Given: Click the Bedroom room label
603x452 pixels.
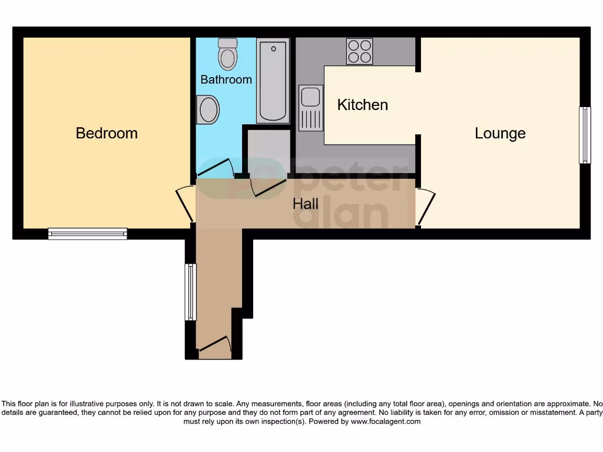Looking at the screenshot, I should [107, 133].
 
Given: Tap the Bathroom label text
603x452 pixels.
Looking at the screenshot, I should [226, 79].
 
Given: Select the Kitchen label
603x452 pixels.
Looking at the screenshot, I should [362, 105].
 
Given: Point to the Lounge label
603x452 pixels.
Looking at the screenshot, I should [500, 133].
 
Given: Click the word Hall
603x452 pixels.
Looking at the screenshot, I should [306, 204].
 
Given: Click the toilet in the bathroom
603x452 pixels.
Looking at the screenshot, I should [227, 54].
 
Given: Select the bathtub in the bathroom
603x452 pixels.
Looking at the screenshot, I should [273, 80].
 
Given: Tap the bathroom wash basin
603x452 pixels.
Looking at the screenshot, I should [207, 109].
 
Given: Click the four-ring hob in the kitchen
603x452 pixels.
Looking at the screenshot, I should [359, 51].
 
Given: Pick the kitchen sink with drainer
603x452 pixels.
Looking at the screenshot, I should [310, 108].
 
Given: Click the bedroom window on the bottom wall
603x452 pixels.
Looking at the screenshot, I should [87, 234].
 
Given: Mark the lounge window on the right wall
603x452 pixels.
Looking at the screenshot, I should [585, 135].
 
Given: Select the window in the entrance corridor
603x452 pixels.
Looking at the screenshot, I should [190, 292].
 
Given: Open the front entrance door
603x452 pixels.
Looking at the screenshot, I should [214, 347].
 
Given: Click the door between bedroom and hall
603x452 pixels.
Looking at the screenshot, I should [186, 204].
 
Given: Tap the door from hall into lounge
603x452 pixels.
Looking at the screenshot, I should [426, 207].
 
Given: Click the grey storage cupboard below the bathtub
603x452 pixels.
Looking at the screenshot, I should [269, 151].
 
